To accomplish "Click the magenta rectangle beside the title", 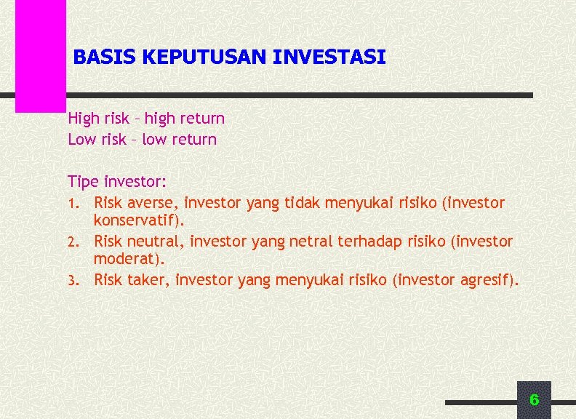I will click(x=41, y=55).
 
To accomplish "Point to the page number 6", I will click(x=534, y=399).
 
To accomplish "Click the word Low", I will click(x=81, y=139).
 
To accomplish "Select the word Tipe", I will click(x=84, y=180).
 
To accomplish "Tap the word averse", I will click(x=153, y=202).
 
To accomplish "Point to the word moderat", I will click(x=121, y=258).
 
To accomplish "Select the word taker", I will click(x=149, y=279).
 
